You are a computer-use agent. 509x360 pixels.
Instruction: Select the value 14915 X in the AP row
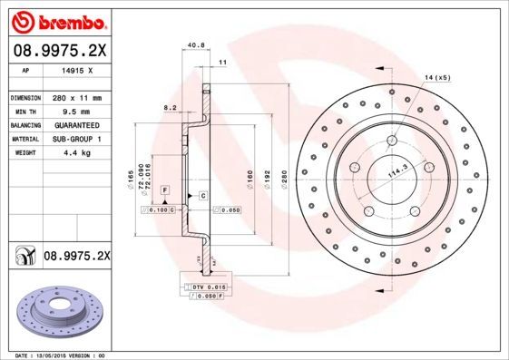pyautogui.click(x=80, y=69)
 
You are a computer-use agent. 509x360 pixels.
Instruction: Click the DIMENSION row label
pyautogui.click(x=26, y=97)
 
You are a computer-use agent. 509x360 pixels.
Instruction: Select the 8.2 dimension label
pyautogui.click(x=169, y=107)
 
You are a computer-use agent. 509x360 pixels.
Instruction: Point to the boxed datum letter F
pyautogui.click(x=166, y=188)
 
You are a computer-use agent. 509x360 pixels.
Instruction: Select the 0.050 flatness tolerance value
pyautogui.click(x=230, y=209)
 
